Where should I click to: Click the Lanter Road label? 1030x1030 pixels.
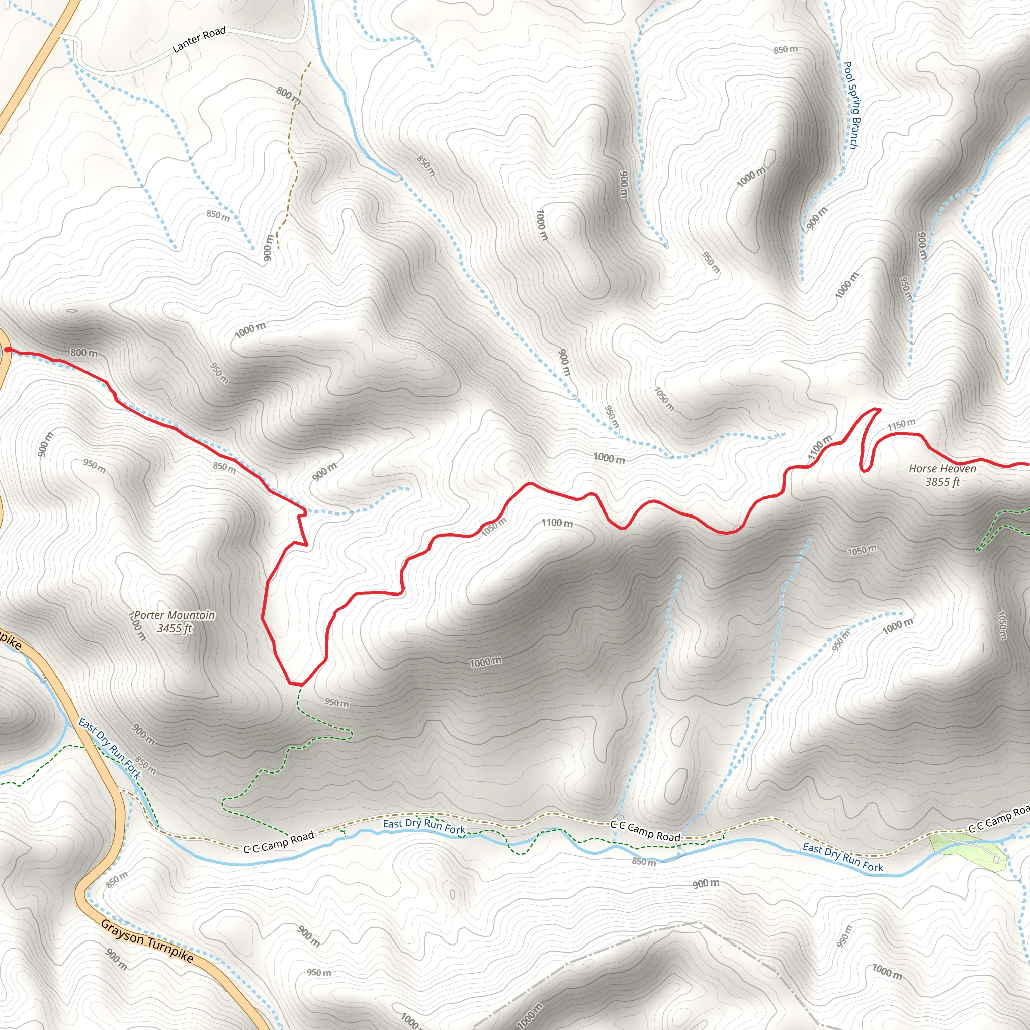(x=199, y=39)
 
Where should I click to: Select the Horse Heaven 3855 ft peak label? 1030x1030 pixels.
(x=942, y=475)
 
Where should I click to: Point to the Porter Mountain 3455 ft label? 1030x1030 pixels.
(x=175, y=622)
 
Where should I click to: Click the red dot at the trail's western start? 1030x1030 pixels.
(x=8, y=350)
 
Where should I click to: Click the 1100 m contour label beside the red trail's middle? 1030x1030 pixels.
(x=557, y=523)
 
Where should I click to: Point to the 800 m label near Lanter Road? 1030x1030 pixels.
(x=288, y=95)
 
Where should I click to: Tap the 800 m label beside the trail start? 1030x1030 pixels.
(x=84, y=353)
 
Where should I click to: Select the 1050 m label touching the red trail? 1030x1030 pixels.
(x=494, y=526)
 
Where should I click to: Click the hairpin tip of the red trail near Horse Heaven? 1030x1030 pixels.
(x=877, y=409)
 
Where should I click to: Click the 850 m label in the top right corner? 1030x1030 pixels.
(x=786, y=50)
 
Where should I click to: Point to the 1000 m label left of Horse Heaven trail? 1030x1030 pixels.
(x=609, y=458)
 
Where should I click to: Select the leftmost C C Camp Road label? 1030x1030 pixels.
(x=279, y=842)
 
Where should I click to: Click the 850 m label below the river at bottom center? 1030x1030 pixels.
(x=644, y=862)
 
